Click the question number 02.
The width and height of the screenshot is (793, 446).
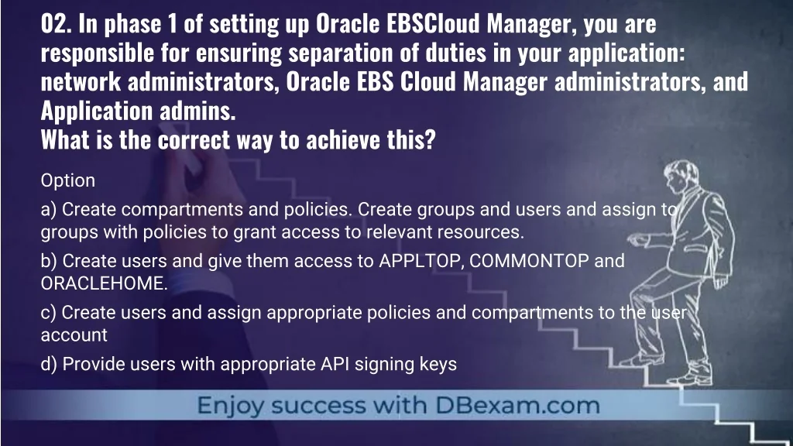click(x=56, y=24)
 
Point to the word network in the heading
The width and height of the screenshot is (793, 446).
click(x=81, y=82)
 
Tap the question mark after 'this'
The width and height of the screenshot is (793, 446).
click(x=430, y=140)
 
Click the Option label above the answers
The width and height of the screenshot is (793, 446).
click(x=68, y=180)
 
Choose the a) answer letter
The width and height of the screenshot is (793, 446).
click(x=49, y=209)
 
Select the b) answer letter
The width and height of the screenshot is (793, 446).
click(x=49, y=260)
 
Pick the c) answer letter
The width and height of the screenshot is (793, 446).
click(x=49, y=313)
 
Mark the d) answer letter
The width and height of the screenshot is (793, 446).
click(x=49, y=364)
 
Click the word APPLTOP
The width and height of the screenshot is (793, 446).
click(x=421, y=261)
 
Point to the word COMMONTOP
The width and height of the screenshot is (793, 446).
click(x=529, y=261)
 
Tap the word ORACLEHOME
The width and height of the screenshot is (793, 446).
click(x=105, y=283)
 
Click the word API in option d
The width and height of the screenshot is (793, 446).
click(x=335, y=364)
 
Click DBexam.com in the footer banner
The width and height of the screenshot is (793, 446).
click(x=517, y=406)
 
